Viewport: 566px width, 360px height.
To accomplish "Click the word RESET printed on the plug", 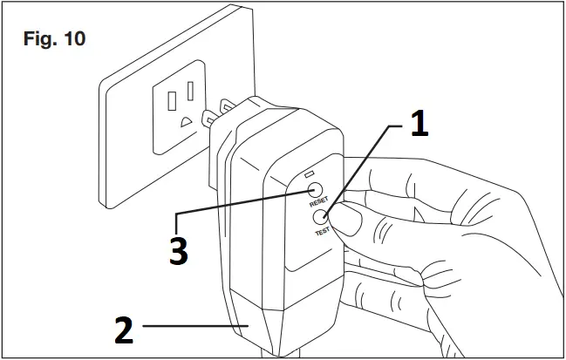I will pos(317,201).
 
